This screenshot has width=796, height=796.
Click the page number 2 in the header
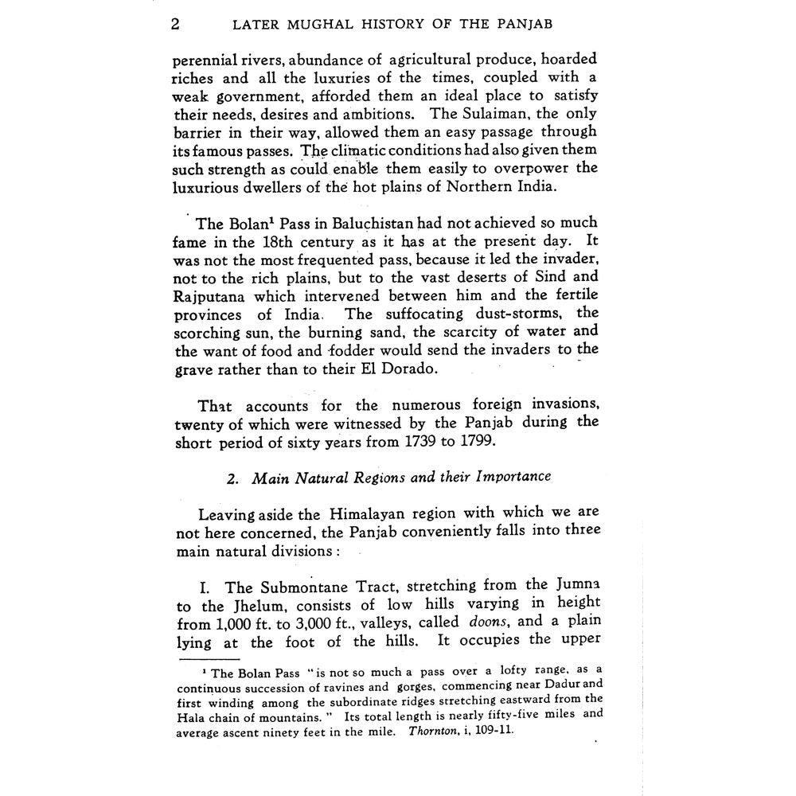pyautogui.click(x=176, y=24)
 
